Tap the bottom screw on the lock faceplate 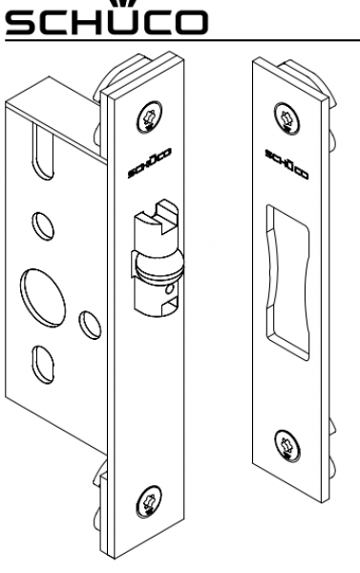[149, 501]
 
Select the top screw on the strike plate [286, 118]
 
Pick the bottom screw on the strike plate [286, 446]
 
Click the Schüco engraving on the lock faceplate [150, 163]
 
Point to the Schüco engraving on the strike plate [286, 164]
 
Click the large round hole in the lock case [43, 297]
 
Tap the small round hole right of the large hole [91, 325]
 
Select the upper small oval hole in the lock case [43, 226]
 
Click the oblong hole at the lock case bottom [43, 365]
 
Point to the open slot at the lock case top [43, 151]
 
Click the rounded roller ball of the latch [159, 265]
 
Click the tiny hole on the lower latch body [170, 289]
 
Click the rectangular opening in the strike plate [287, 282]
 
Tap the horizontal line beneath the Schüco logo [182, 40]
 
